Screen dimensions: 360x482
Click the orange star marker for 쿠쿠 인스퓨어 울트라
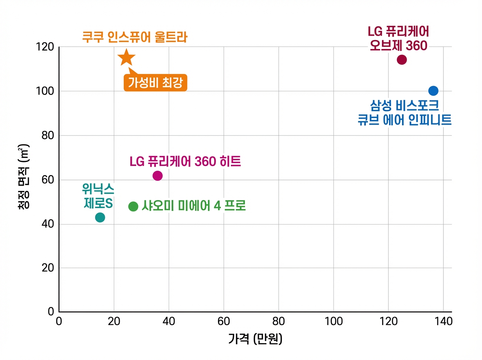tap(126, 58)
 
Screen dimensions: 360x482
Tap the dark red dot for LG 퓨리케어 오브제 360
tap(402, 60)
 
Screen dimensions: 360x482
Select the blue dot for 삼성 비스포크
tap(433, 91)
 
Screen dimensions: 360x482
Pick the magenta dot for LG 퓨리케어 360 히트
tap(157, 176)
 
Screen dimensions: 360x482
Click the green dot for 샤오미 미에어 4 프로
tap(133, 207)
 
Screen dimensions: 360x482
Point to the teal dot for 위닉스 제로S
tap(100, 217)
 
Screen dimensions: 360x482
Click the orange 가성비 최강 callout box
tap(155, 83)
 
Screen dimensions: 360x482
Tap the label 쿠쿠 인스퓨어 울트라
tap(135, 38)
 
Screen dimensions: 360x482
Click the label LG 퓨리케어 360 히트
tap(185, 162)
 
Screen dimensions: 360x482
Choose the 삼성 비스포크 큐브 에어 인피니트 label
tap(404, 113)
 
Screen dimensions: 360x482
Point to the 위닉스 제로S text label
tap(98, 196)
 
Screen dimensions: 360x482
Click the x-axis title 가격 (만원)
tap(255, 340)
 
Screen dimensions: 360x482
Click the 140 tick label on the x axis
tap(443, 321)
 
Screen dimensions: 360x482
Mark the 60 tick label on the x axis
tap(224, 321)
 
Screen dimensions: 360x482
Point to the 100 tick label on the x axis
tap(333, 321)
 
